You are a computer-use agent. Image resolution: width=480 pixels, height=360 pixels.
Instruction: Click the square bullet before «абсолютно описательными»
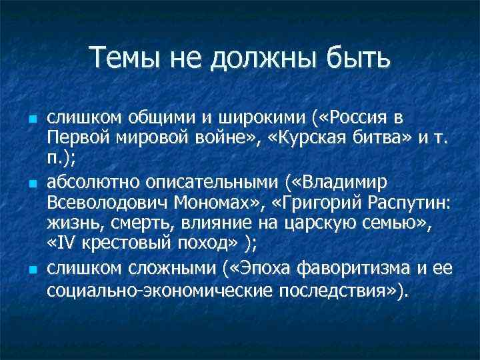32,183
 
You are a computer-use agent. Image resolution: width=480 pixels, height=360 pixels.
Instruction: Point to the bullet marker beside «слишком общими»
32,119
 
